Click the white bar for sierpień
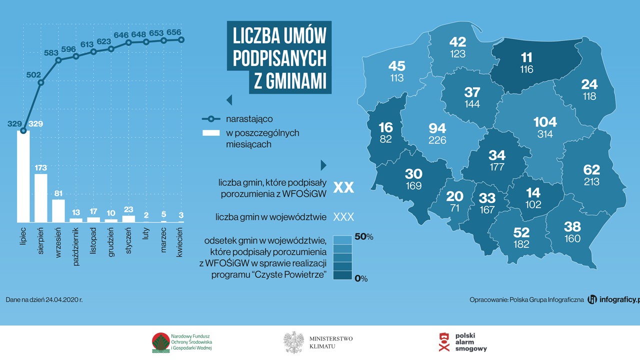click(41, 198)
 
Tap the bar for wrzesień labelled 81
click(58, 210)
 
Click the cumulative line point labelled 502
click(41, 82)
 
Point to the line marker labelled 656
click(181, 39)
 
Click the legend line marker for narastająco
click(211, 119)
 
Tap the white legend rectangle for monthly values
click(211, 133)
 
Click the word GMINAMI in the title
click(290, 80)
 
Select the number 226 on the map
click(437, 140)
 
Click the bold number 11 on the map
click(526, 57)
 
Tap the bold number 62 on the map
click(591, 169)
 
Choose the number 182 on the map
click(521, 244)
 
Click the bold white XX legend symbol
click(343, 187)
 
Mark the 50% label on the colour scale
click(364, 237)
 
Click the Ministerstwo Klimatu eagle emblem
click(293, 342)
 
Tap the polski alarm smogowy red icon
click(444, 342)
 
